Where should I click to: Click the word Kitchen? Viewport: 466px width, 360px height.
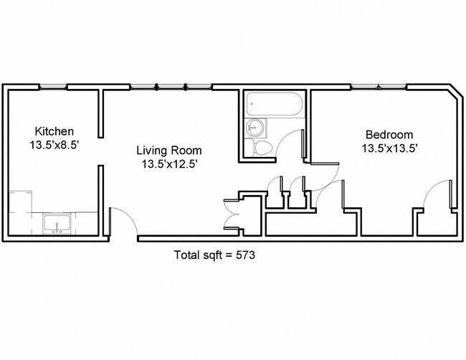[x=54, y=131]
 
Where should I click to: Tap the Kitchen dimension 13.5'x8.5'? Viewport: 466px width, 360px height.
[x=54, y=145]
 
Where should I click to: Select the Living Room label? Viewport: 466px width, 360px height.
[x=169, y=151]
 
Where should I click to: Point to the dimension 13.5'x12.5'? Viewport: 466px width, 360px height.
[x=169, y=164]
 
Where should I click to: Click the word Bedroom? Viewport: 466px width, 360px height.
[x=389, y=135]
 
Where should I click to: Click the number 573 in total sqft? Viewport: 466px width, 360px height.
[x=245, y=255]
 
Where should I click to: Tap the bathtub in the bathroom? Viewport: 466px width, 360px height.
[x=275, y=104]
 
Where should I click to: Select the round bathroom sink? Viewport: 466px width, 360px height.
[x=255, y=127]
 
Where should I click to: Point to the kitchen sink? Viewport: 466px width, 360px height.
[x=57, y=223]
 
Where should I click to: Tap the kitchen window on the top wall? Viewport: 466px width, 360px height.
[x=54, y=87]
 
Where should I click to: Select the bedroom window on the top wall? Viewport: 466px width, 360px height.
[x=379, y=87]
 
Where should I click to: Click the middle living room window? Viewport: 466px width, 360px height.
[x=171, y=87]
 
